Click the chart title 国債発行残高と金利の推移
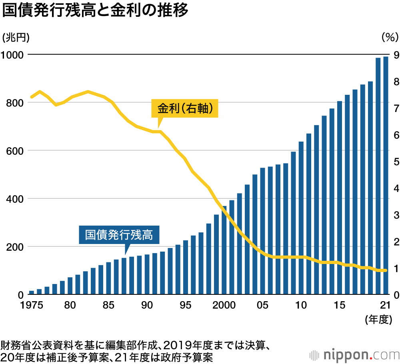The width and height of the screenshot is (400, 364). pyautogui.click(x=95, y=11)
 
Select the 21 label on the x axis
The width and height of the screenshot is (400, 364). pyautogui.click(x=385, y=305)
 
